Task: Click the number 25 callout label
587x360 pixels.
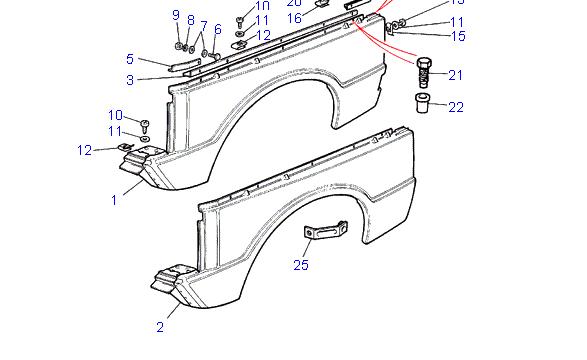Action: [302, 265]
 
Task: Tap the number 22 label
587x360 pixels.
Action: [455, 107]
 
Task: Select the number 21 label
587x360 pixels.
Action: [455, 75]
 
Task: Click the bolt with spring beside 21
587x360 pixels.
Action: [423, 73]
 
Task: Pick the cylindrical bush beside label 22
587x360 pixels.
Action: [424, 102]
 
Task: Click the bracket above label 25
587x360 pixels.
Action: [325, 235]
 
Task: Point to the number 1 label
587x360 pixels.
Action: [114, 200]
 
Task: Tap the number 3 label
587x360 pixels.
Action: [130, 80]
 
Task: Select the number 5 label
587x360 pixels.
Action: [130, 59]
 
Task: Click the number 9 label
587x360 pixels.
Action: [176, 15]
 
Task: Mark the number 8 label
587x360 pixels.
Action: [190, 20]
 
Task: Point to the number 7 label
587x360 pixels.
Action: [204, 26]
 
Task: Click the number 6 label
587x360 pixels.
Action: [217, 30]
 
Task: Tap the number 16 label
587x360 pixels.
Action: [294, 18]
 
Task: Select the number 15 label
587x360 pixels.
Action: [458, 36]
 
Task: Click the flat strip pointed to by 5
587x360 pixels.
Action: [184, 65]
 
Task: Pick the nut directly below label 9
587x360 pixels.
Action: [179, 45]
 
